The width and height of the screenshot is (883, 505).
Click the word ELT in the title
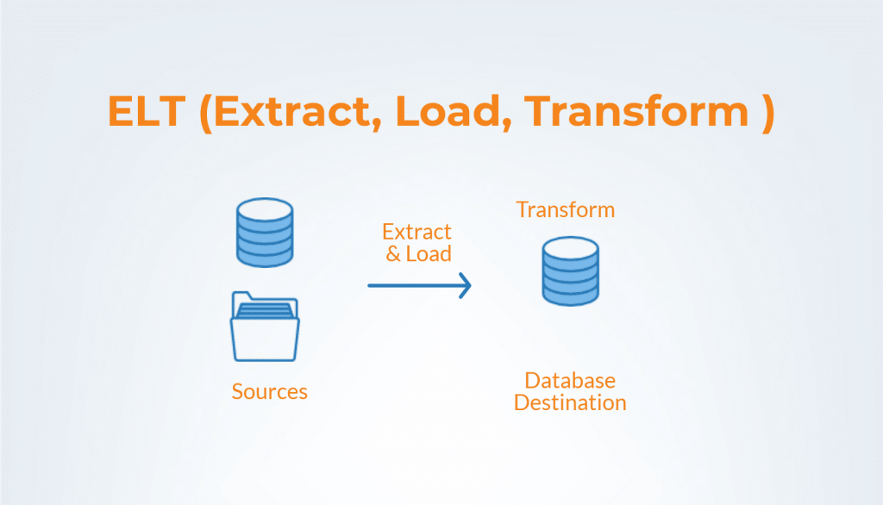coord(147,113)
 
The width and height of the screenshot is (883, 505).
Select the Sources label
coord(269,392)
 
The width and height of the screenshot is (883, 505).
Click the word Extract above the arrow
coord(416,233)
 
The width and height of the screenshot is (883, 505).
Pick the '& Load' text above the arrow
coord(418,254)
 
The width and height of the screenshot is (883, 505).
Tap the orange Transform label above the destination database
coord(566,209)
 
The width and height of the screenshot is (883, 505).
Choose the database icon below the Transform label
coord(570,271)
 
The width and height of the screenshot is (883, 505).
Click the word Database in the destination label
coord(570,381)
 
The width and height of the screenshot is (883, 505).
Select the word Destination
coord(570,402)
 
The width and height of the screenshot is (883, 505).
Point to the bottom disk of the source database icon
coord(265,255)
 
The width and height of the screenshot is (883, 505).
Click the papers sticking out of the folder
coord(266,305)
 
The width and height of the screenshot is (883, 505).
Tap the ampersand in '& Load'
coord(392,255)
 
